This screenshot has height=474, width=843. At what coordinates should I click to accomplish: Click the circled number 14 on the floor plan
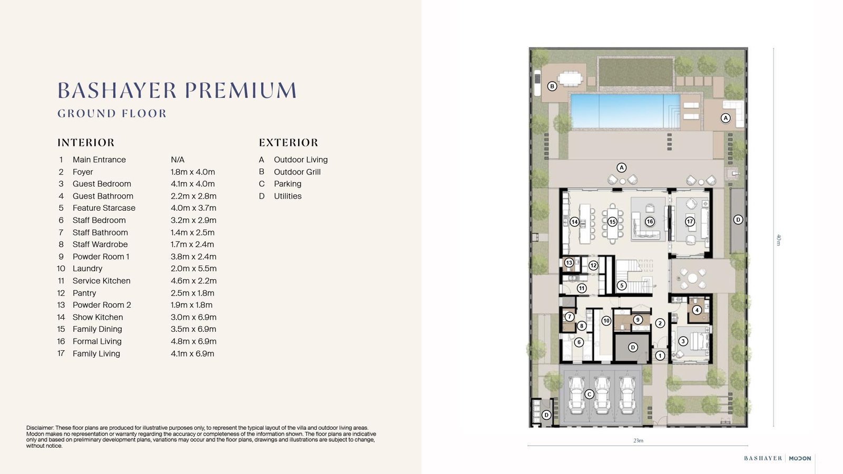tap(574, 222)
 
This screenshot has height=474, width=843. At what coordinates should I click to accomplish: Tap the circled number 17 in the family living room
tap(690, 222)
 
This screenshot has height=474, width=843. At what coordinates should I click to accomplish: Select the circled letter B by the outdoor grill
tap(552, 86)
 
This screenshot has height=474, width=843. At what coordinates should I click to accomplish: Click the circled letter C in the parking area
tap(590, 394)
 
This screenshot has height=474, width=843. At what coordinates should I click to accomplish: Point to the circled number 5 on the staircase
tap(622, 285)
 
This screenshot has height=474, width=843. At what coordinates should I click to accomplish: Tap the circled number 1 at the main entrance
tap(660, 355)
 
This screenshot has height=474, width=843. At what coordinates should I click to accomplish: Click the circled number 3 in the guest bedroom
tap(683, 341)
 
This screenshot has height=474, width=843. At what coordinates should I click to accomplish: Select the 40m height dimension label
tap(779, 240)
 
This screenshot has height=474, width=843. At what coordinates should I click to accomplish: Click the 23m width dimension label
tap(638, 440)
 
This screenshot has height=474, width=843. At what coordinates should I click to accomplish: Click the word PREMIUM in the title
tap(241, 90)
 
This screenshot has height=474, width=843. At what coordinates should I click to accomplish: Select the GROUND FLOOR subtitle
tap(112, 114)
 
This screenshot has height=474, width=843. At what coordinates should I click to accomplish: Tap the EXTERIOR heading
tap(288, 143)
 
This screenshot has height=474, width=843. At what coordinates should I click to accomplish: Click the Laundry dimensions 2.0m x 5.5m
tap(193, 269)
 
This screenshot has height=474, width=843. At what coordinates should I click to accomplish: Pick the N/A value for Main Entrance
tap(178, 160)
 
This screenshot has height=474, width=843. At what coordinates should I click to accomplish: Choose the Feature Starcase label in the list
tap(104, 208)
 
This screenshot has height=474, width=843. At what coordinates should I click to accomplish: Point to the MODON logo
tap(800, 458)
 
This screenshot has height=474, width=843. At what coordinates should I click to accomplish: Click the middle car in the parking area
tap(602, 395)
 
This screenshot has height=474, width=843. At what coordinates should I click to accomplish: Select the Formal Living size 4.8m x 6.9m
tap(193, 341)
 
